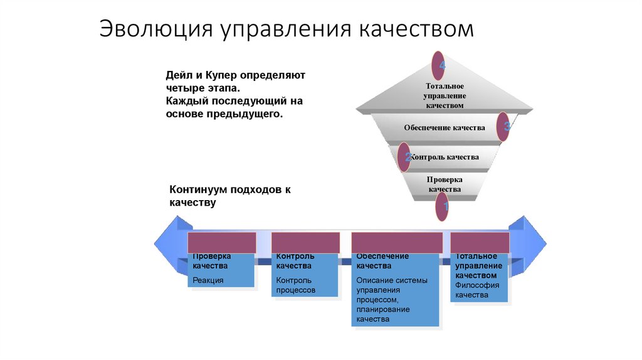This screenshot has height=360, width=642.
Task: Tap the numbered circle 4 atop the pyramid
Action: (438, 65)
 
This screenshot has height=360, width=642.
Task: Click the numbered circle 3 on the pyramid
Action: (504, 127)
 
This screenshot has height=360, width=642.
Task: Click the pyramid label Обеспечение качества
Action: (445, 128)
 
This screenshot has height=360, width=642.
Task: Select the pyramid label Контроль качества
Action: (445, 157)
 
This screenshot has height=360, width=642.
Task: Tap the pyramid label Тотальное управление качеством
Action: (445, 95)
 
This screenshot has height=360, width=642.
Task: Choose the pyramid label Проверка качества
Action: (445, 184)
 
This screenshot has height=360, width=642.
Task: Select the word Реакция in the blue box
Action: (208, 280)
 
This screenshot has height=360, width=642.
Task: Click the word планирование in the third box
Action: (382, 309)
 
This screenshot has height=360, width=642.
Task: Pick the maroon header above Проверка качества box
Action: (222, 243)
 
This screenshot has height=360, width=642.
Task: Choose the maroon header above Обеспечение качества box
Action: (397, 243)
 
